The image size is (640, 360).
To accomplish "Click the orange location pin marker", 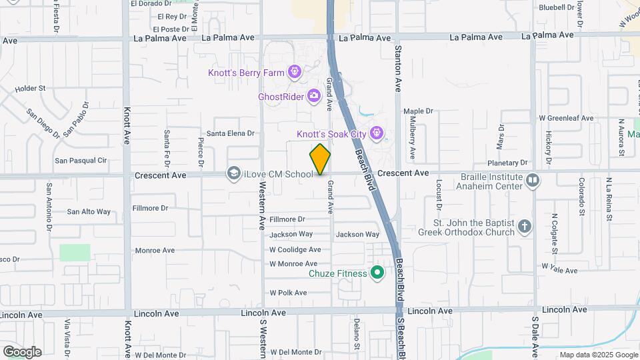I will tap(320, 159).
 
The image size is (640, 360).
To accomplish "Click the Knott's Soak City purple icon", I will tap(377, 133).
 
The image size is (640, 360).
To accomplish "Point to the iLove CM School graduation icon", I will tap(233, 174).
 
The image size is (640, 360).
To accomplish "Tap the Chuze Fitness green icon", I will tap(378, 273).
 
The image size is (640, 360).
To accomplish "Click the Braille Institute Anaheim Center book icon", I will tap(533, 180).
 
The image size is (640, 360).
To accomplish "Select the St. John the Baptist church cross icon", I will tap(525, 227).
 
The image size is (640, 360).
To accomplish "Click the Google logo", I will tap(22, 352).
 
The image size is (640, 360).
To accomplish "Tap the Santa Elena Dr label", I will tap(231, 133).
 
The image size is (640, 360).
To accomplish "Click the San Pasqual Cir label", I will tap(81, 160).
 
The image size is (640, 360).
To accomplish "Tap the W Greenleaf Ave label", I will tap(566, 118).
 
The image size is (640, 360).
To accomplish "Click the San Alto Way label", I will tap(89, 212).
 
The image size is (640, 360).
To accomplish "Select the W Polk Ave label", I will tap(288, 293).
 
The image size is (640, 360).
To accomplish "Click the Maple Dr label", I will tap(418, 111).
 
